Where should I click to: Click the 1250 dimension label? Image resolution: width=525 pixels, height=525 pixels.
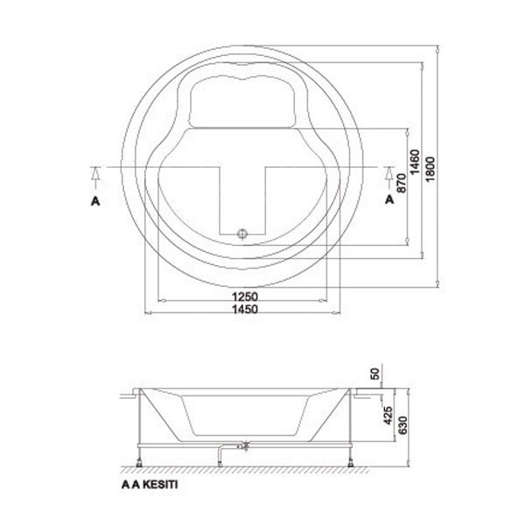tap(245, 297)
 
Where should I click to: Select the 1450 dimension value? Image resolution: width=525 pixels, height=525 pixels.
tap(245, 309)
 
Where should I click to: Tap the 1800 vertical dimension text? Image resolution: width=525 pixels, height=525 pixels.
tap(430, 169)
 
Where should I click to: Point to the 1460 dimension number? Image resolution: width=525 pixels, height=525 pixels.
tap(415, 162)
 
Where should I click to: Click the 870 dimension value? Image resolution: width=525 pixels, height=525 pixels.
tap(402, 183)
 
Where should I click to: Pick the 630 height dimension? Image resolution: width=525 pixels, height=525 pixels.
tap(403, 425)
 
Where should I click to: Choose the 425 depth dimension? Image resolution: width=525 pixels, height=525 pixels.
tap(388, 416)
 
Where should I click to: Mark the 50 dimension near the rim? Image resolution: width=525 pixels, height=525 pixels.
tap(375, 374)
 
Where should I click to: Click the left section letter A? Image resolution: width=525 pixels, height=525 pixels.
tap(95, 201)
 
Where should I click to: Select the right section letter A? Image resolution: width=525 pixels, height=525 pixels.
tap(389, 199)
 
